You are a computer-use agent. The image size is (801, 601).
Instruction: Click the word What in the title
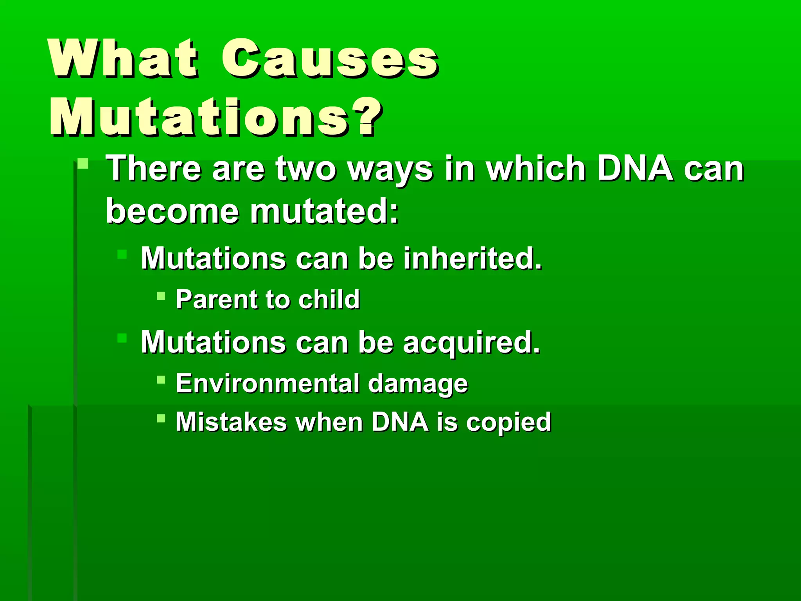click(x=123, y=59)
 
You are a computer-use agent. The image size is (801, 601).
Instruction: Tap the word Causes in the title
click(x=330, y=59)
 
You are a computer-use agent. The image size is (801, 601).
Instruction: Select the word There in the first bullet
click(x=154, y=169)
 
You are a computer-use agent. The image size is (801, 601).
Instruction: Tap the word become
click(x=172, y=212)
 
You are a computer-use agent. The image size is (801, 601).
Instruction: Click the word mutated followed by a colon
click(x=323, y=212)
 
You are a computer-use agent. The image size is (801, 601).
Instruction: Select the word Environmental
click(x=267, y=383)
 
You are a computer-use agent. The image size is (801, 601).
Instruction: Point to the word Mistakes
click(x=231, y=422)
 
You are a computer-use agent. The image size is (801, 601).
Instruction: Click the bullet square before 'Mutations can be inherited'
click(x=122, y=254)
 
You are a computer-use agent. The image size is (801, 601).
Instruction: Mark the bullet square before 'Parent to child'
click(x=161, y=295)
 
